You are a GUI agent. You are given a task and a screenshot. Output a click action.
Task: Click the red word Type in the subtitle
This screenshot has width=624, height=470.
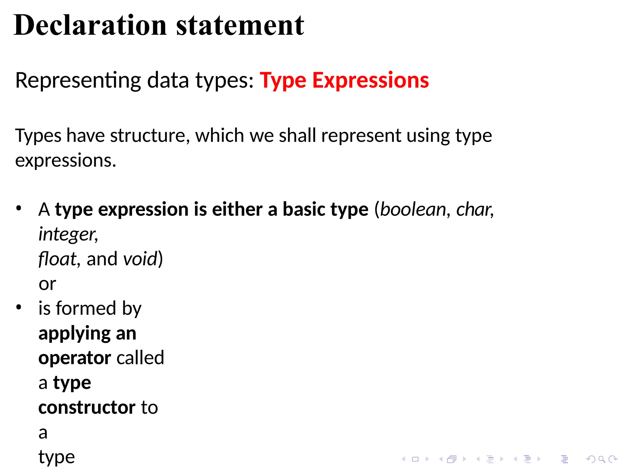click(283, 81)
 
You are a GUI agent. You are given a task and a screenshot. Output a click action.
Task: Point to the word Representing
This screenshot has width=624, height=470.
click(78, 81)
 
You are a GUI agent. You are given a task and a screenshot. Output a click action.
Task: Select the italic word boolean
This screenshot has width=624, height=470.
click(413, 210)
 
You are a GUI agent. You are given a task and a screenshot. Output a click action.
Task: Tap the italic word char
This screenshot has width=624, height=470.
click(473, 210)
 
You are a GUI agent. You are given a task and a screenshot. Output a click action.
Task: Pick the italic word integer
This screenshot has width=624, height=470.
click(67, 235)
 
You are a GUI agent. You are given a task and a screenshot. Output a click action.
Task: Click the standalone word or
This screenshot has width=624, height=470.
click(47, 284)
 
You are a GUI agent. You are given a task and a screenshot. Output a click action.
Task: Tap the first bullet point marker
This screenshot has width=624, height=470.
click(19, 209)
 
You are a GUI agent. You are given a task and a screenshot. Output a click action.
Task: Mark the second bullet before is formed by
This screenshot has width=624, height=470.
click(19, 307)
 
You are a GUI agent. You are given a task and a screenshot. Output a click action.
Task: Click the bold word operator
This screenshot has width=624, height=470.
click(74, 358)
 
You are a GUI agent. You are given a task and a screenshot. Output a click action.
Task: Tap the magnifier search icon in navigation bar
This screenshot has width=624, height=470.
click(601, 459)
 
